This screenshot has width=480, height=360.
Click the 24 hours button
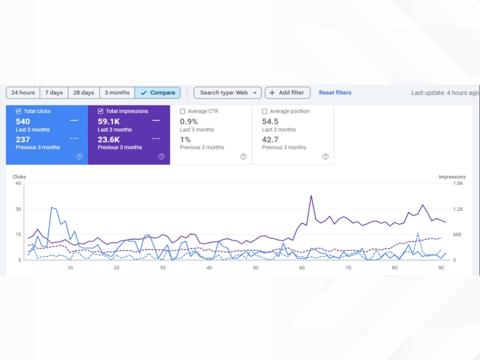(23, 93)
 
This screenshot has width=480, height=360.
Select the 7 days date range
(54, 93)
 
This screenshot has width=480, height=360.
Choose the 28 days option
(84, 93)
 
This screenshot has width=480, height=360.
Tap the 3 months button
(117, 93)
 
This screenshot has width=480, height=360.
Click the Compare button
(157, 93)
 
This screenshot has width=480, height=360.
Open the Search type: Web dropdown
(228, 93)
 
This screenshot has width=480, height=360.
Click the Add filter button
(288, 93)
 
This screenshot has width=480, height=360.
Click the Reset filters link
(335, 93)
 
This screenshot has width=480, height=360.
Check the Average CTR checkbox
(183, 111)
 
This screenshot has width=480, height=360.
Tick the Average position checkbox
(265, 111)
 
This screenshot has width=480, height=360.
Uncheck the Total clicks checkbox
(18, 111)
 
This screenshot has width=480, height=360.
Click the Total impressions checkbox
(100, 111)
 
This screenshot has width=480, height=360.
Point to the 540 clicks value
(23, 121)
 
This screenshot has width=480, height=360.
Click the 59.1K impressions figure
(108, 121)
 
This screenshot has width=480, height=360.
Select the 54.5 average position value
(270, 121)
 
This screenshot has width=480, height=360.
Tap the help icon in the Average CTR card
(243, 157)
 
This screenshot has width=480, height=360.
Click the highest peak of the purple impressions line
(311, 196)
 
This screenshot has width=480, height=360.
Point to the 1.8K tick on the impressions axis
(458, 183)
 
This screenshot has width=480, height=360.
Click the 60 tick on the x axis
(302, 268)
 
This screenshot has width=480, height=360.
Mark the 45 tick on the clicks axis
(18, 183)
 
